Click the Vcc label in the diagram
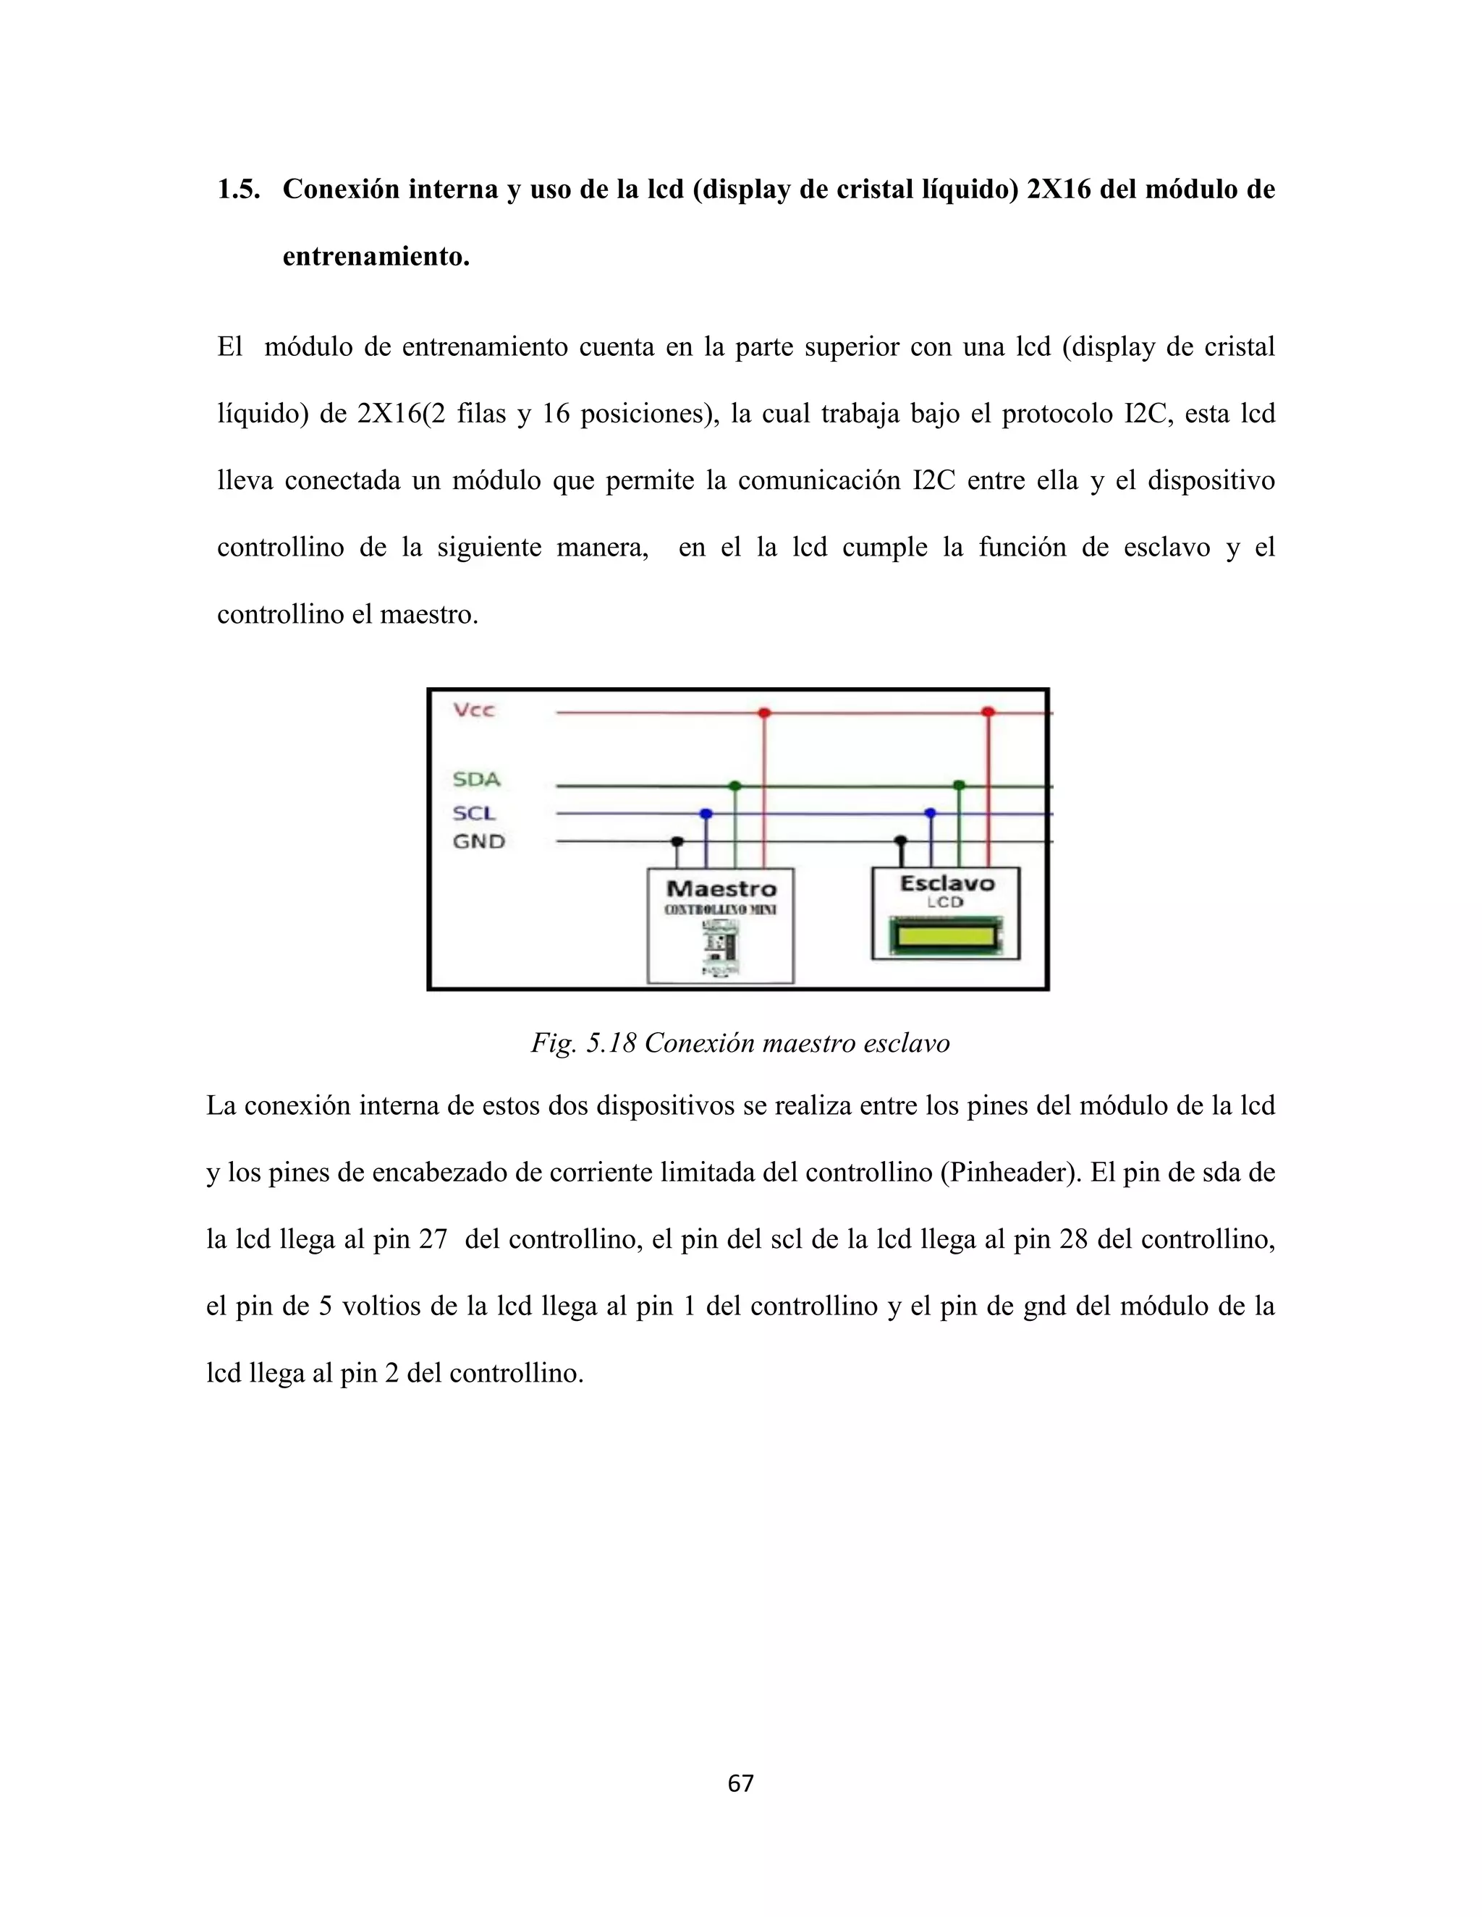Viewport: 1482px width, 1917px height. pos(474,710)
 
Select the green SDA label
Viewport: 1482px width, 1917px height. pos(476,779)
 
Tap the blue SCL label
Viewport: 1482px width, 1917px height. pos(474,814)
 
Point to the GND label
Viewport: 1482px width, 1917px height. pos(478,842)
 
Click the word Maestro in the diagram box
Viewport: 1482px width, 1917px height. pos(721,889)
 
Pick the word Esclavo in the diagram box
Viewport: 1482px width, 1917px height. pos(947,884)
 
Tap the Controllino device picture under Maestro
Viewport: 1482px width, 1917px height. pos(720,947)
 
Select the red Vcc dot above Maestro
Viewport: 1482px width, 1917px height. pos(764,713)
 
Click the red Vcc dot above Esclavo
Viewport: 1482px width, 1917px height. pos(988,712)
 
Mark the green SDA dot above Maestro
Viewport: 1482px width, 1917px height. pos(735,786)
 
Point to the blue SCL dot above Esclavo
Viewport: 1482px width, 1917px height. pos(931,814)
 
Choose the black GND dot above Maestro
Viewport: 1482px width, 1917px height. pos(677,841)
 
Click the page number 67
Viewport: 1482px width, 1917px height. pos(741,1782)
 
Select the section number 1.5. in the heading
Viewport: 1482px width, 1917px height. pos(239,190)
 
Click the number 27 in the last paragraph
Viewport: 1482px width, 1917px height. pos(433,1239)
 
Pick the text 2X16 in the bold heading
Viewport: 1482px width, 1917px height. pos(1058,190)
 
